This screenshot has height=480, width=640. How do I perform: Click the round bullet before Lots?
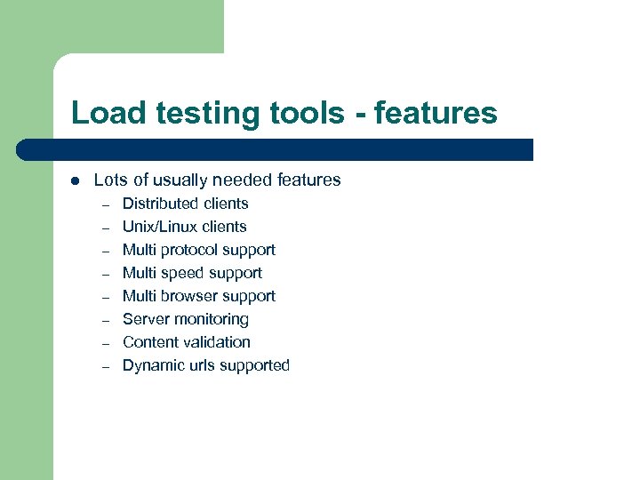click(x=75, y=180)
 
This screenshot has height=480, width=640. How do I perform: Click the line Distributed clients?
click(x=185, y=204)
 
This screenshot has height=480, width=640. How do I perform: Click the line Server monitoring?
click(x=185, y=319)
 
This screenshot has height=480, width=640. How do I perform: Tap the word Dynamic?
click(x=151, y=365)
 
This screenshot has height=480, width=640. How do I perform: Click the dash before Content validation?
click(x=104, y=343)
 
